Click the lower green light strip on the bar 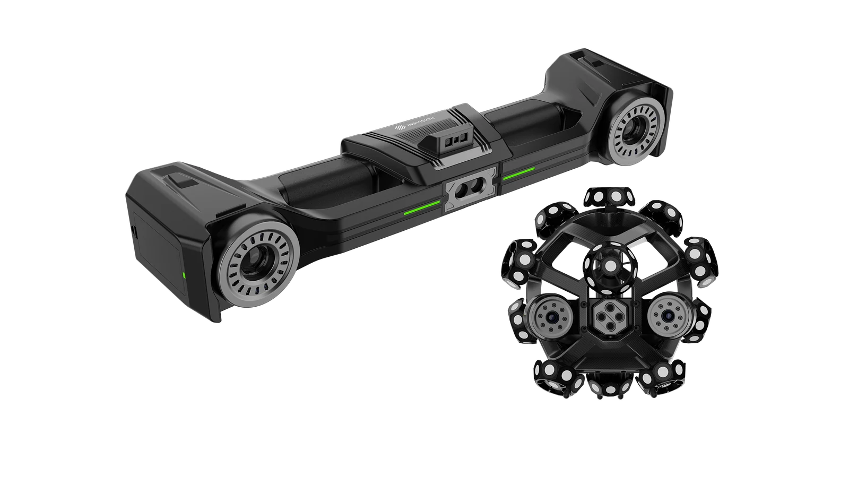coord(422,207)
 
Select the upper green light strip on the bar coord(518,173)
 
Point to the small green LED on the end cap coord(184,275)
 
